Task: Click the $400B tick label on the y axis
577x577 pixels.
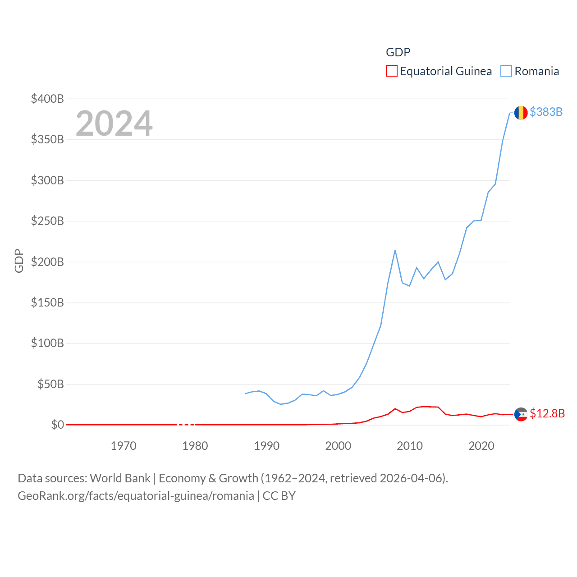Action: click(x=47, y=99)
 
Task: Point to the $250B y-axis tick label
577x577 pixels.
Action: click(x=47, y=221)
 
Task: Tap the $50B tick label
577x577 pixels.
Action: click(x=50, y=384)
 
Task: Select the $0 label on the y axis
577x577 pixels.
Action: click(x=57, y=425)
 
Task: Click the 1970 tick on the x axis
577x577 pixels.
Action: click(x=124, y=446)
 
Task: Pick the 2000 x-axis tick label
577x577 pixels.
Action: click(x=338, y=446)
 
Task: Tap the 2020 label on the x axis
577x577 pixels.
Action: click(x=481, y=446)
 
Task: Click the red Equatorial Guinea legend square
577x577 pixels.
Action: click(x=392, y=71)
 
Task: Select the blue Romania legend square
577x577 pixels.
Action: click(x=506, y=71)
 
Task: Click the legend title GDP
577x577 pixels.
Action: click(x=398, y=52)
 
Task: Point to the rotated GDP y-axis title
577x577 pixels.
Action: click(x=19, y=261)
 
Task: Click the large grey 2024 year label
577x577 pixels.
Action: click(x=114, y=124)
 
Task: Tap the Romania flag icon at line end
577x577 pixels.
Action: click(x=521, y=113)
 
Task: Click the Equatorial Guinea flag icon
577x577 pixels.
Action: click(x=521, y=414)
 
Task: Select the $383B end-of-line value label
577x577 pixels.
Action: click(x=546, y=112)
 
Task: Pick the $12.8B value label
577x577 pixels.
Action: click(x=547, y=413)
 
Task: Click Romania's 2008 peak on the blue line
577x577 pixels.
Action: click(x=395, y=250)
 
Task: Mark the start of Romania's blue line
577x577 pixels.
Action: click(x=245, y=394)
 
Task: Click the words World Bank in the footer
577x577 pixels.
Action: click(x=120, y=478)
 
